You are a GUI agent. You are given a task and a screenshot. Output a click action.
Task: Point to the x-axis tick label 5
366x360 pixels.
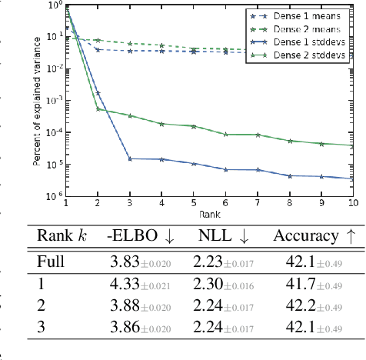(x=193, y=204)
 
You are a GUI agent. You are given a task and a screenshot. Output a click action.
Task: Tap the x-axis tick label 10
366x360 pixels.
(x=351, y=204)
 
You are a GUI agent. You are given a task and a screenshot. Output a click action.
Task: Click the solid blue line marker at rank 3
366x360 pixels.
(x=130, y=158)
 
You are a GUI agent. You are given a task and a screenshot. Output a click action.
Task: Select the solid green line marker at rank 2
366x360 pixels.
(x=98, y=108)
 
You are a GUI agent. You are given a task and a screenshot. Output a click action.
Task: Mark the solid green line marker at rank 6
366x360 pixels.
(x=225, y=135)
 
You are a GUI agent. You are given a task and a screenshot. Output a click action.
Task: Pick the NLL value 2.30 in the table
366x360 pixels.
(x=208, y=283)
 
